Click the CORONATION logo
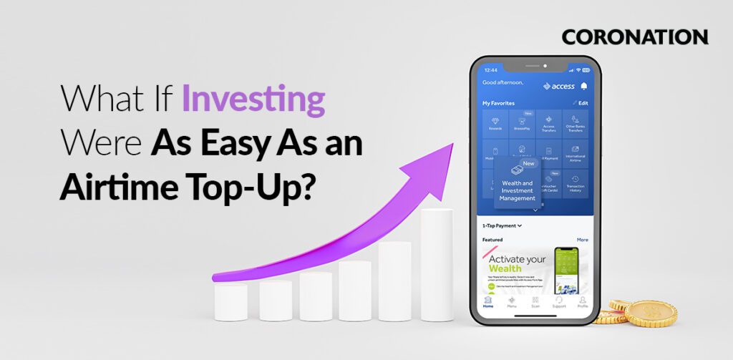point(634,37)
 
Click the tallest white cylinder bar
point(436,264)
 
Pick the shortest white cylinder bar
point(230,301)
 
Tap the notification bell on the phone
point(583,86)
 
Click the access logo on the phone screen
point(558,86)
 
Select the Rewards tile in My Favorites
point(495,123)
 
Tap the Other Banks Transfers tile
point(575,123)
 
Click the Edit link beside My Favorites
point(581,103)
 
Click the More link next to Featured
point(582,240)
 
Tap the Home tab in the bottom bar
point(487,301)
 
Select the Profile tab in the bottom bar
point(583,301)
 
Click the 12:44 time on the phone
point(490,70)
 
